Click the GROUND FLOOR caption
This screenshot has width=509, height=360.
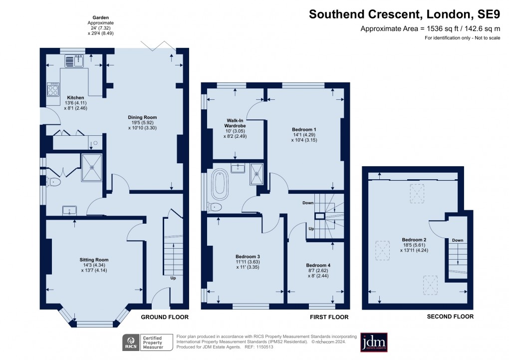(164, 317)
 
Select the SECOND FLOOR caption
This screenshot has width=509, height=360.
(450, 317)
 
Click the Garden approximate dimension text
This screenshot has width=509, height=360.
(100, 26)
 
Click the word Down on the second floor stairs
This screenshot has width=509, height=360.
(457, 241)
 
